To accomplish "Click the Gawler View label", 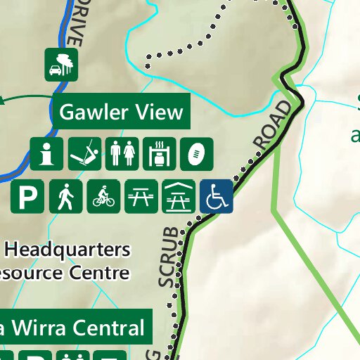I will point(121,112).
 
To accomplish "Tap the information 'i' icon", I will point(46,154).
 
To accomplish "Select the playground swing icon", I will point(84,154).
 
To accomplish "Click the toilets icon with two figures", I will point(122,154).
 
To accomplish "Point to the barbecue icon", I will point(159,154).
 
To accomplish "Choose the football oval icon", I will point(196,154).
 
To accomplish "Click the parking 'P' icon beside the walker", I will point(27,197).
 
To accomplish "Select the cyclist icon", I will point(103,197).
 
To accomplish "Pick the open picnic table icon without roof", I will point(141,197).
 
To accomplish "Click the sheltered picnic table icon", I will point(179,197).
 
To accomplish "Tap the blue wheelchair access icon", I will point(216,197).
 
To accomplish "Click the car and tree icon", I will point(60,64).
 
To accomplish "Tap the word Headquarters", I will point(67,250).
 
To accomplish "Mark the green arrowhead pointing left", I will point(4,100).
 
